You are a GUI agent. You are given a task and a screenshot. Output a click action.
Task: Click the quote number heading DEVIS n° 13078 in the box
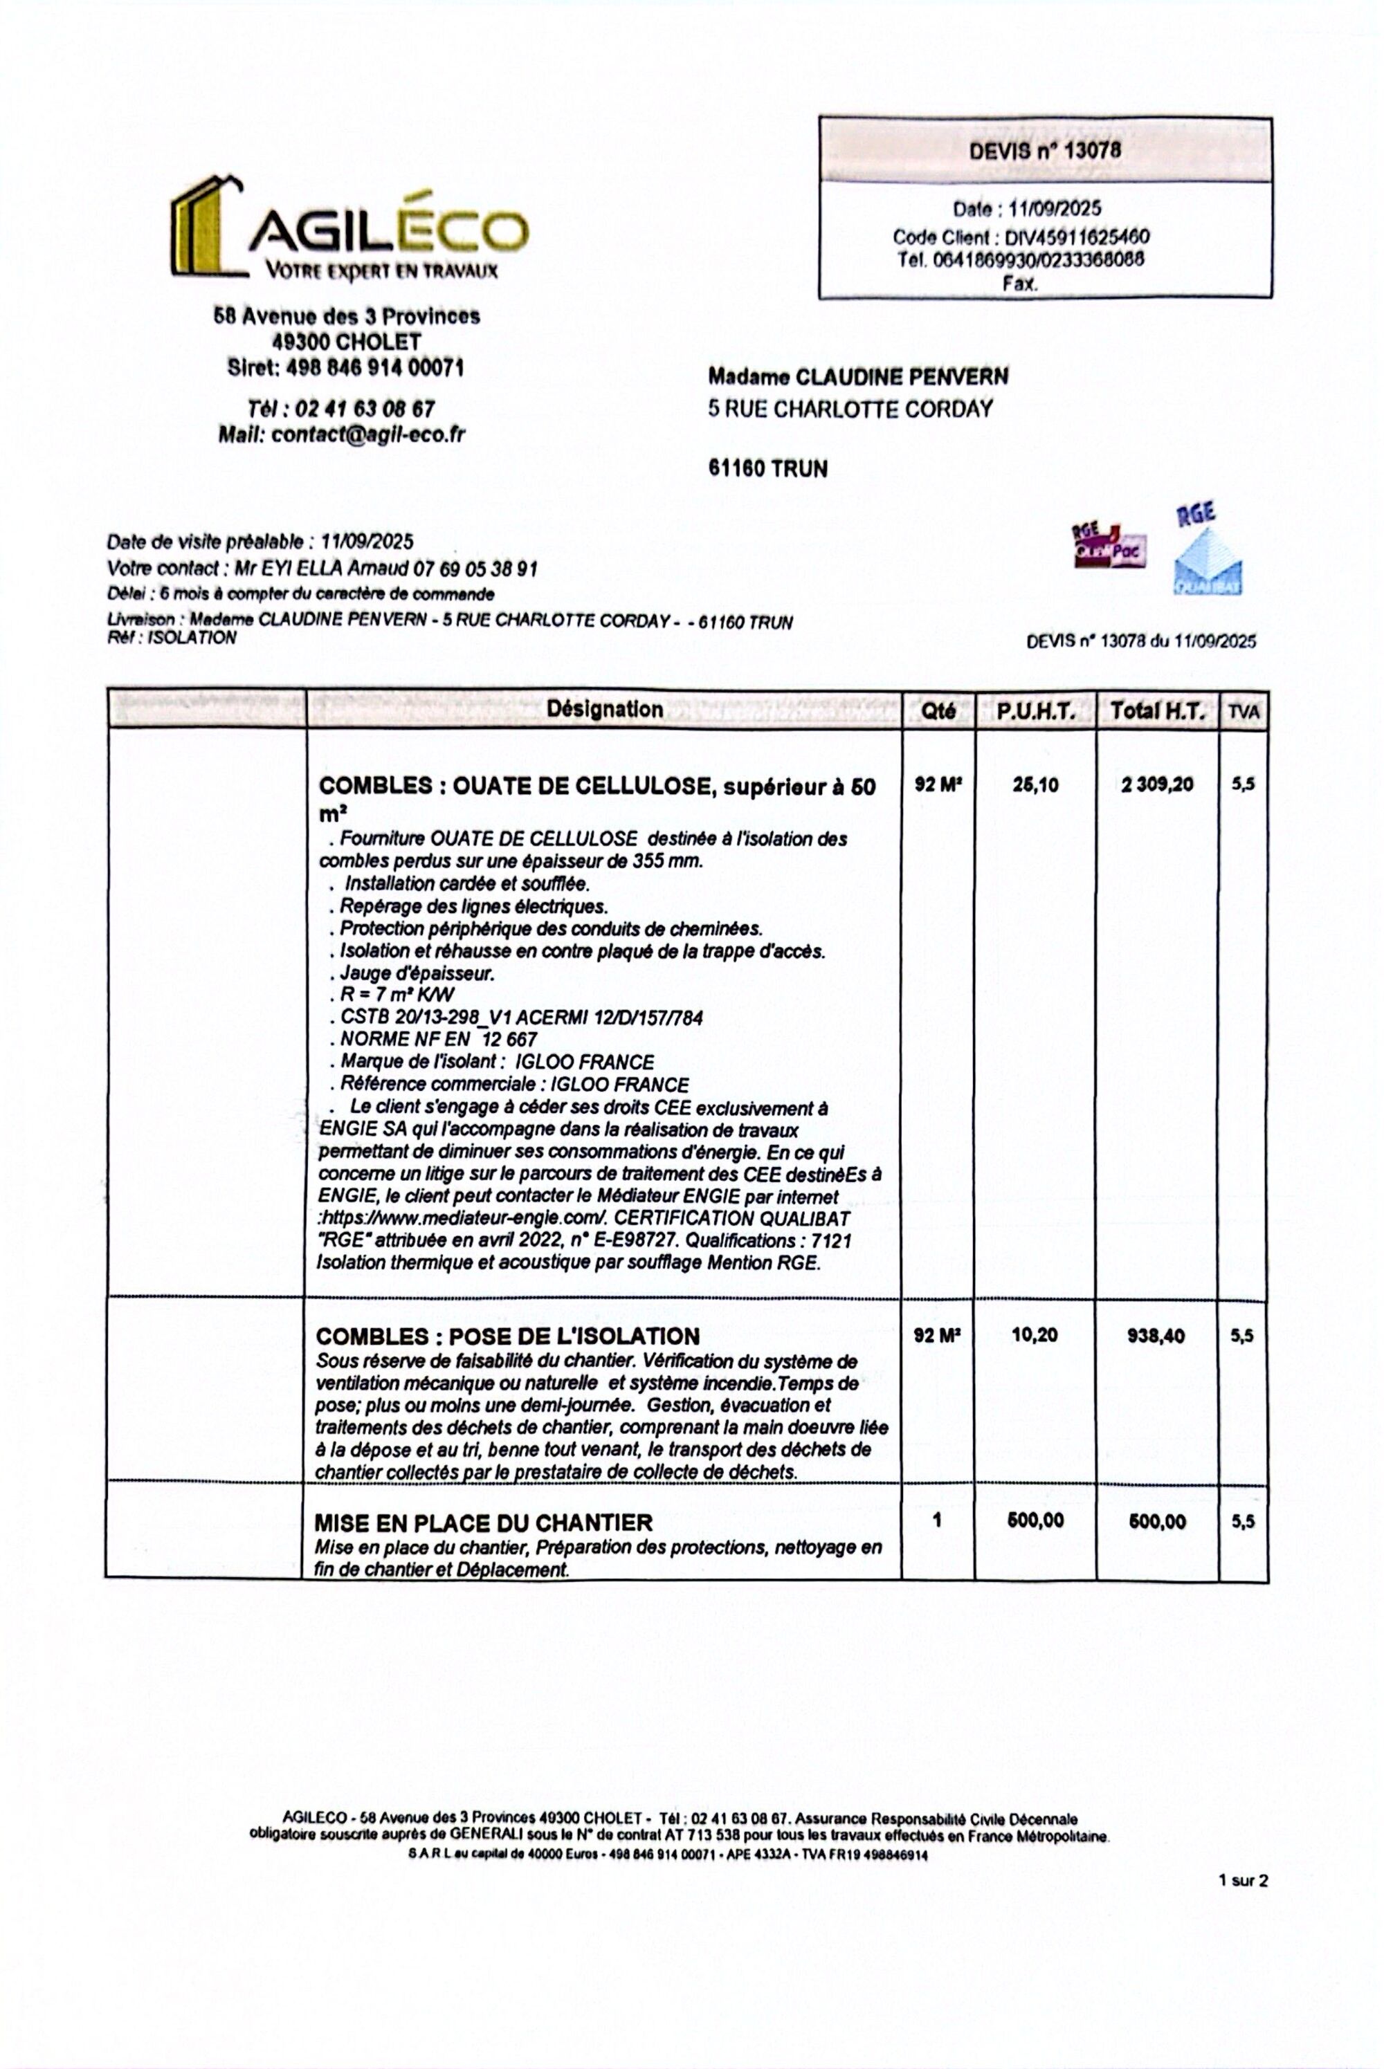coord(1044,150)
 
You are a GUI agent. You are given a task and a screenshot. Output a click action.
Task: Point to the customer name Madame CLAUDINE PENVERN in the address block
coord(857,377)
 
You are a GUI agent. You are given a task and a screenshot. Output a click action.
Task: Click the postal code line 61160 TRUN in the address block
coord(768,468)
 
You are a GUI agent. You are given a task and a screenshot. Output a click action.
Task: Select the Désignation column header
coord(605,708)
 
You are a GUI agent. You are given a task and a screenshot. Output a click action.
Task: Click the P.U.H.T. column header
coord(1035,711)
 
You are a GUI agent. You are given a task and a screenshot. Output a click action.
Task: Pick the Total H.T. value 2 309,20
coord(1157,784)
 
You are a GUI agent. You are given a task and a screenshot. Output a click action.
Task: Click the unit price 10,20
coord(1035,1335)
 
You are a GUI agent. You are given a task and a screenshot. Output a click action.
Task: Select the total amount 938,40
coord(1156,1336)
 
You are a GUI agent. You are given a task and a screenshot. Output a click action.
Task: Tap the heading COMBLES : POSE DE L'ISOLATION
coord(507,1336)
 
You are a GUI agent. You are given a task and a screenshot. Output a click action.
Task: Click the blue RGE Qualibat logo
coord(1207,551)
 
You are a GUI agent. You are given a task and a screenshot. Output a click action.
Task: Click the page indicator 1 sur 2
coord(1243,1880)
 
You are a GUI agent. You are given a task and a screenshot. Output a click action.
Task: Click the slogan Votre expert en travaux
coord(381,271)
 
